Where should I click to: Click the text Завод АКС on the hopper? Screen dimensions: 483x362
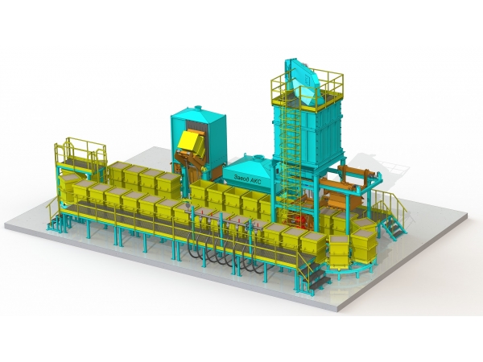247,179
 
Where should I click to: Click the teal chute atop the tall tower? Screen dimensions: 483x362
303,81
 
